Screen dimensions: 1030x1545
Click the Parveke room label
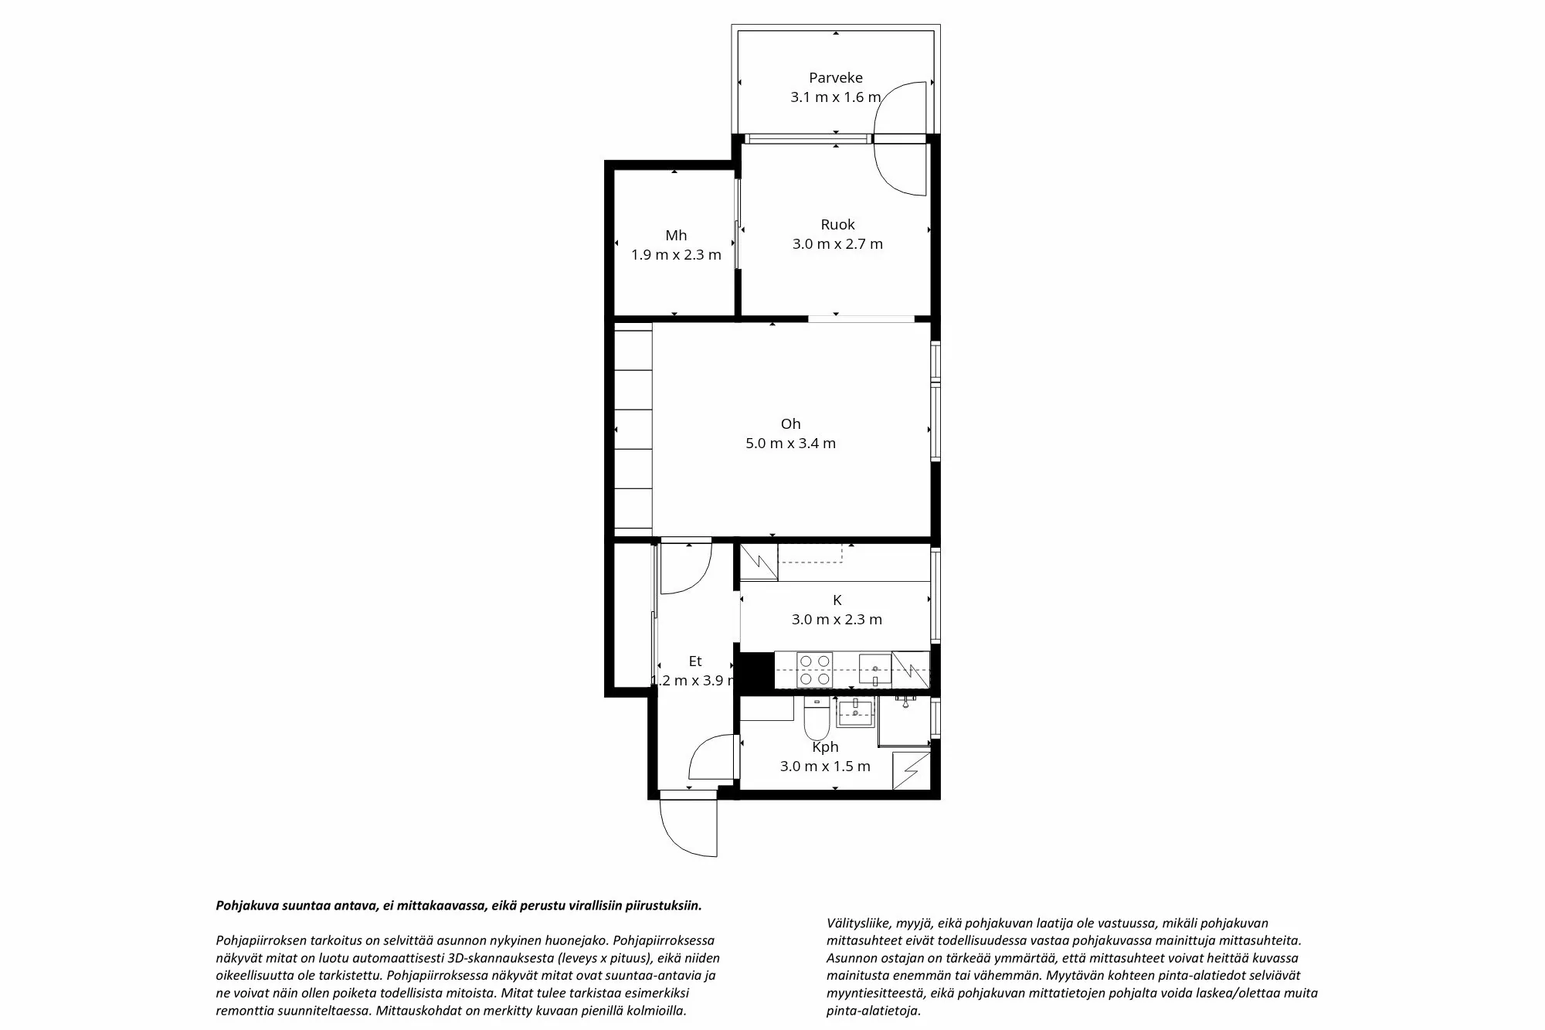coord(835,77)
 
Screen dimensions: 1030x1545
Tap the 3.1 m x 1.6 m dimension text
coord(835,97)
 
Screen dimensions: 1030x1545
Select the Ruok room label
coord(837,224)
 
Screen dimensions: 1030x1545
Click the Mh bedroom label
coord(676,236)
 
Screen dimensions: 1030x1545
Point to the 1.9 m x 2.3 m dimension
coord(676,255)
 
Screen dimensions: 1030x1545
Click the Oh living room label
coord(790,423)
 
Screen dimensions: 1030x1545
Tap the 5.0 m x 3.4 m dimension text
coord(790,444)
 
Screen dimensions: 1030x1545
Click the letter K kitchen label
coord(837,600)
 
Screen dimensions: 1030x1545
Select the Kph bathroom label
coord(825,747)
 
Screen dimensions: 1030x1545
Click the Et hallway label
coord(695,661)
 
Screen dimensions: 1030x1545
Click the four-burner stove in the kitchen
coord(814,670)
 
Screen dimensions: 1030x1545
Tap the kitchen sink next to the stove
coord(874,670)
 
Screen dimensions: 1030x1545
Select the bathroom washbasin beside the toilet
coord(855,712)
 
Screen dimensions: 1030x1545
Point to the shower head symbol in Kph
coord(905,700)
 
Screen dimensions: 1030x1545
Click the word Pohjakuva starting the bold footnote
coord(244,906)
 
